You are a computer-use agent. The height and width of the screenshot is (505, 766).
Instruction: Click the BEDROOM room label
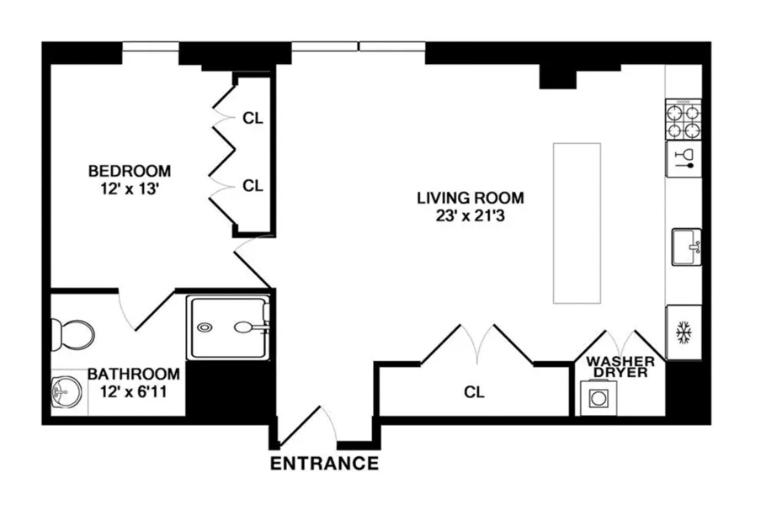(x=129, y=171)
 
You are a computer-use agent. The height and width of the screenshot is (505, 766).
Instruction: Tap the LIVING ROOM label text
(x=471, y=199)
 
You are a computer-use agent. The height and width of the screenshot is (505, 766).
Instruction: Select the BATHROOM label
(x=134, y=374)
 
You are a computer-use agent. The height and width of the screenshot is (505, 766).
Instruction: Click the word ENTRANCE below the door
(x=324, y=463)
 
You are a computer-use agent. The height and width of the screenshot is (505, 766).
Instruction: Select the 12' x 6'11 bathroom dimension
(x=133, y=391)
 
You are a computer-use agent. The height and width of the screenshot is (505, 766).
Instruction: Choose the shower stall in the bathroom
(x=229, y=327)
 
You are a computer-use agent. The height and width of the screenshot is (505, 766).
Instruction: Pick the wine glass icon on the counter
(x=684, y=158)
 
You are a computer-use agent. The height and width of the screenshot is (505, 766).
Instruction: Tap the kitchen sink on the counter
(x=685, y=247)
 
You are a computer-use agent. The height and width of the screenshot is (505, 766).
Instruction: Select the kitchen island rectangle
(x=577, y=223)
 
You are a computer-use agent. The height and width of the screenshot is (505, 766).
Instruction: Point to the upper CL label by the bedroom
(x=253, y=119)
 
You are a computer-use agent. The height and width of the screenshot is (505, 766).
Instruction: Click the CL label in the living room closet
(x=474, y=392)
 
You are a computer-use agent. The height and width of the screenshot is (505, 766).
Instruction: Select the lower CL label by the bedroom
(x=253, y=186)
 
